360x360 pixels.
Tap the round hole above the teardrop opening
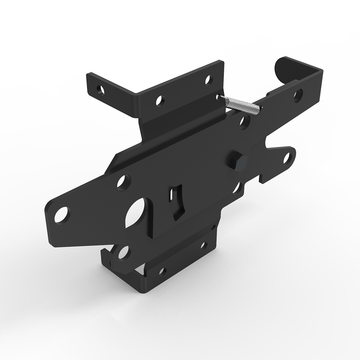click(x=123, y=182)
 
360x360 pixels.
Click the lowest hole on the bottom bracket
click(x=161, y=271)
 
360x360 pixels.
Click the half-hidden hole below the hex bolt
click(x=237, y=187)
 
